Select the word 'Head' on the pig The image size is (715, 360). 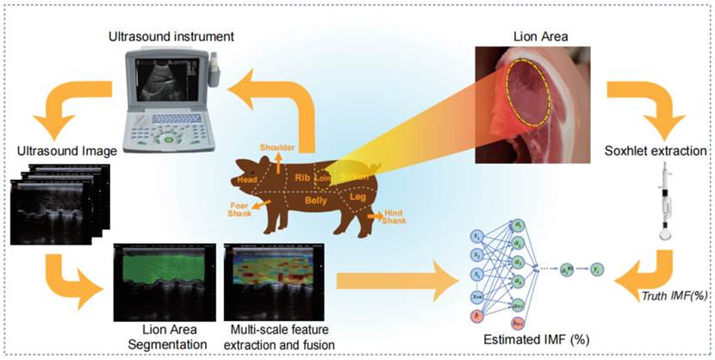249,180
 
